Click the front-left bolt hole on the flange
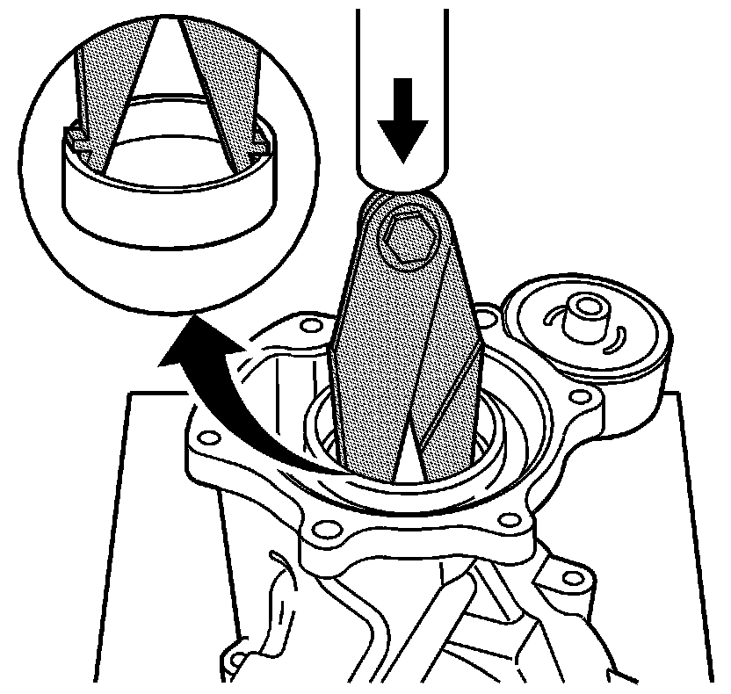pyautogui.click(x=326, y=529)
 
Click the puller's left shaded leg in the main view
pyautogui.click(x=378, y=369)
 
